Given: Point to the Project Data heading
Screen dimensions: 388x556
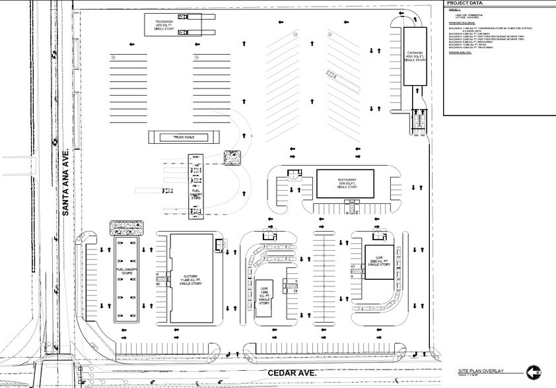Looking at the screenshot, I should click(x=465, y=3).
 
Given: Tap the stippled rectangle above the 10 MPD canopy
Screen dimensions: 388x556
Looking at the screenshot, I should click(x=125, y=227).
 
